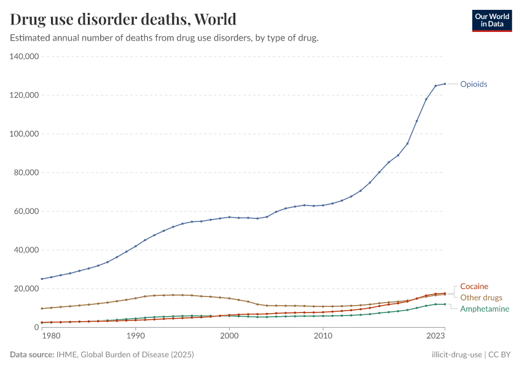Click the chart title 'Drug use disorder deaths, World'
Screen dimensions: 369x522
[x=123, y=19]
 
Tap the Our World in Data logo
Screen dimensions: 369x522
[x=491, y=20]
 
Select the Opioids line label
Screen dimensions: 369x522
[x=473, y=84]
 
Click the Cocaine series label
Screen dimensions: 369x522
[x=474, y=287]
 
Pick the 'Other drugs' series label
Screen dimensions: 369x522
[x=481, y=298]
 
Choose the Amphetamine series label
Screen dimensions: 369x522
[x=485, y=309]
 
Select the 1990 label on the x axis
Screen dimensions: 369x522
[x=136, y=336]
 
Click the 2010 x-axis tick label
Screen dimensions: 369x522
[x=323, y=336]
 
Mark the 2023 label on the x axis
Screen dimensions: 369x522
[x=435, y=336]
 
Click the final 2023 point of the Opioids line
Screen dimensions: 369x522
[x=445, y=84]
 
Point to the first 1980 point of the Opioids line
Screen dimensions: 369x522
[x=42, y=279]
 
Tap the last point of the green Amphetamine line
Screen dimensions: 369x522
[x=445, y=304]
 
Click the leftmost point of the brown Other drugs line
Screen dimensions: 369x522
[x=42, y=308]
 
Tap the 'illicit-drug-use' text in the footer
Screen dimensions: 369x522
[x=456, y=355]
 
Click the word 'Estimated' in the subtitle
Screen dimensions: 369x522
[x=30, y=38]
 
